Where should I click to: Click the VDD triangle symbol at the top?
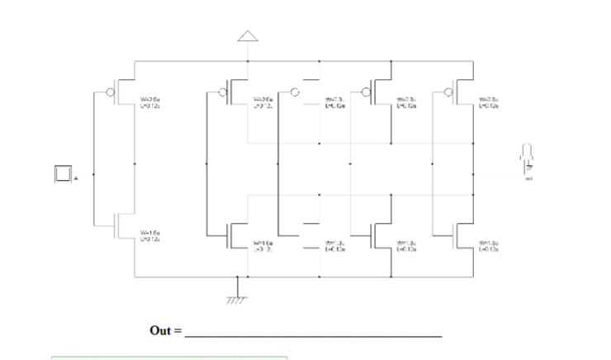pyautogui.click(x=247, y=35)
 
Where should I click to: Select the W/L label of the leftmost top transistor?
pyautogui.click(x=149, y=102)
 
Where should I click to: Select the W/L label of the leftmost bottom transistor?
pyautogui.click(x=149, y=235)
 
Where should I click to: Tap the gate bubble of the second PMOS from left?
pyautogui.click(x=224, y=92)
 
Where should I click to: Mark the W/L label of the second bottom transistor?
pyautogui.click(x=263, y=244)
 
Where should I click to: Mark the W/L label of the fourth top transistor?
pyautogui.click(x=407, y=102)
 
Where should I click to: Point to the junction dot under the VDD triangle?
pyautogui.click(x=247, y=60)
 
